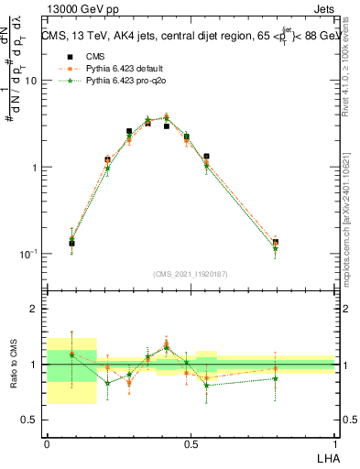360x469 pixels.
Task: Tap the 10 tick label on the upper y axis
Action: [29, 81]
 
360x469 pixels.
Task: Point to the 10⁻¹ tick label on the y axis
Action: [27, 255]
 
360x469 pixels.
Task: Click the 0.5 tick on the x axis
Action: [191, 442]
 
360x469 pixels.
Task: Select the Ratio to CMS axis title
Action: [12, 365]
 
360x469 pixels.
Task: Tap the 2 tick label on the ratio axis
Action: [34, 309]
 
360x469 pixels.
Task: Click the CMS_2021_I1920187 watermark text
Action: [191, 274]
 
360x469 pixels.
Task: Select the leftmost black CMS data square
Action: [72, 243]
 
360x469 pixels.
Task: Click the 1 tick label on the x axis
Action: [334, 442]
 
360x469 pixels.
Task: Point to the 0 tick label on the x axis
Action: [47, 442]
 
